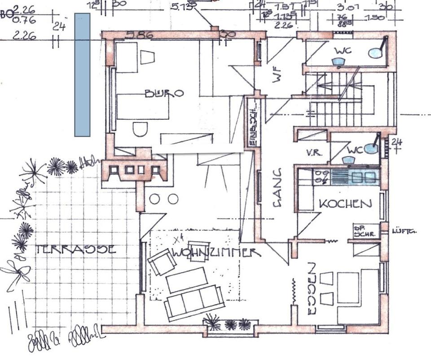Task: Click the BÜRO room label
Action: point(164,93)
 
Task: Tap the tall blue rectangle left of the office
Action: point(82,75)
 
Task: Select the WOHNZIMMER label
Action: point(215,253)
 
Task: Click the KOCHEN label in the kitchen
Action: point(345,204)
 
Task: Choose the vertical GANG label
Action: point(277,187)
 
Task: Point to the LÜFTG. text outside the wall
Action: point(404,231)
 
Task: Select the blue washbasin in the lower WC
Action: point(371,149)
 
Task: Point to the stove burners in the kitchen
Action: point(321,177)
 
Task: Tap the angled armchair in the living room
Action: point(162,262)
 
